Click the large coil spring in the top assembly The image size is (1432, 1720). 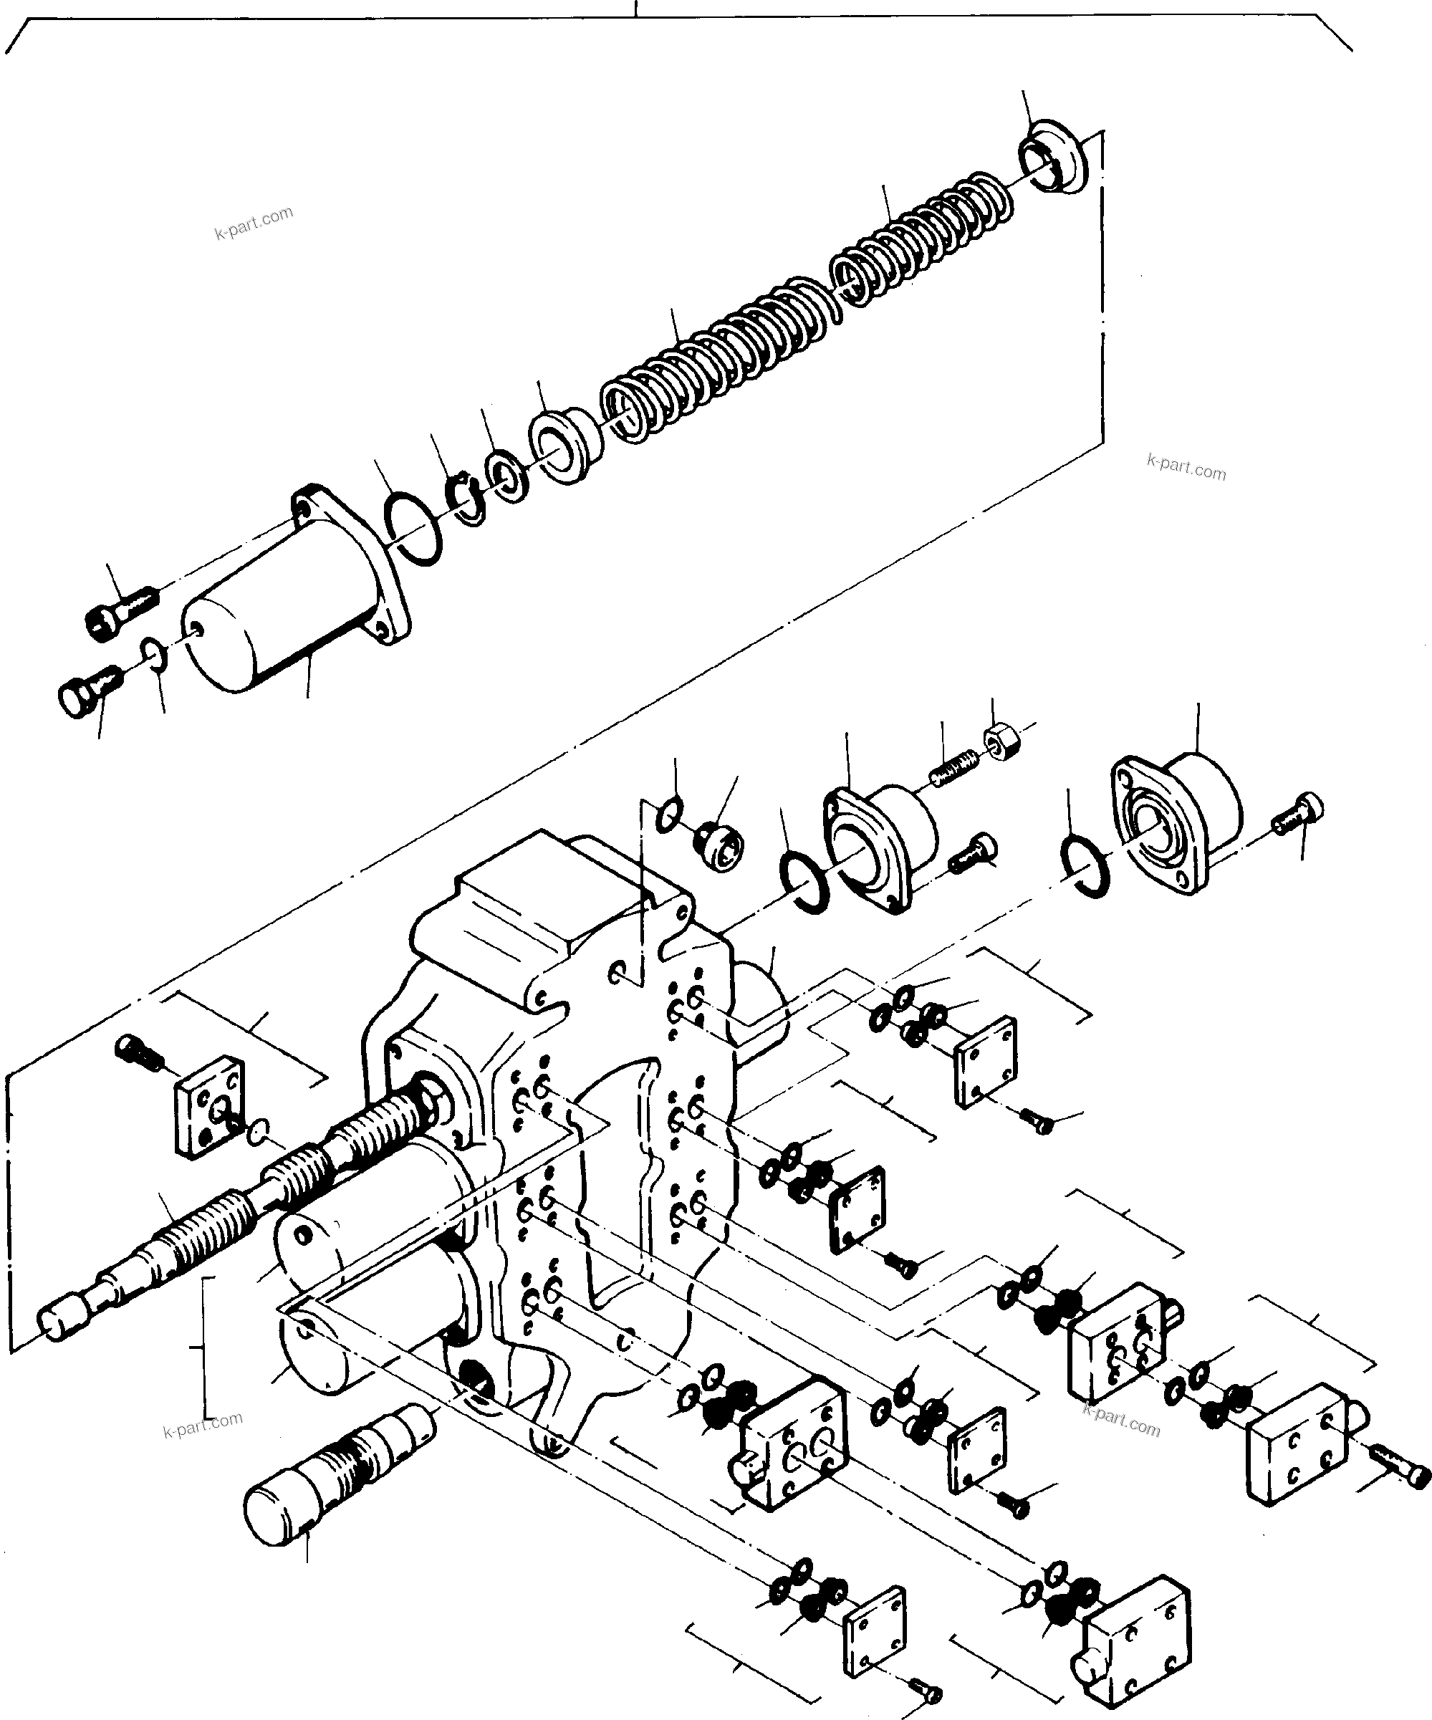point(721,360)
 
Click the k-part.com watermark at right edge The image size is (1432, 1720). point(1186,468)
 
